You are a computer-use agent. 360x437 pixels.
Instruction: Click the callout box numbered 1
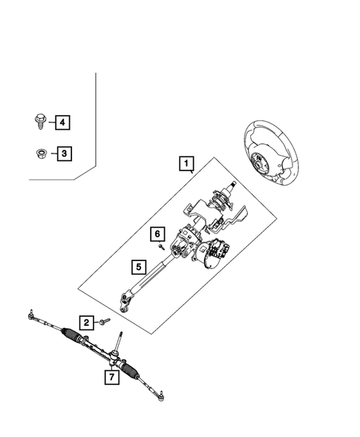pyautogui.click(x=186, y=162)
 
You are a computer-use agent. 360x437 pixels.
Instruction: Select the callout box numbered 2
pyautogui.click(x=87, y=322)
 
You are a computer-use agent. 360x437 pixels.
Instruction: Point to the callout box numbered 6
pyautogui.click(x=157, y=234)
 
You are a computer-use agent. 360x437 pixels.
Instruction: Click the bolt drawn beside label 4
pyautogui.click(x=39, y=120)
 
